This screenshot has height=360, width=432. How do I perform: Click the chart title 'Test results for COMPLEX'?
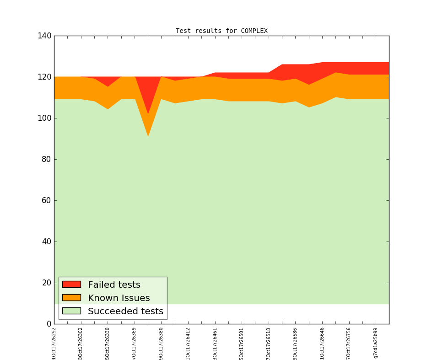pos(221,31)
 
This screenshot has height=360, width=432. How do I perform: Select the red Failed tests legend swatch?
pos(71,285)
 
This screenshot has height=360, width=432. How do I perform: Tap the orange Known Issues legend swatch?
pos(71,298)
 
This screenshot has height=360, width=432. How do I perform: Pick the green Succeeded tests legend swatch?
pos(71,311)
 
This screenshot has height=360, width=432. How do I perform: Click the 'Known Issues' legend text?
pos(119,298)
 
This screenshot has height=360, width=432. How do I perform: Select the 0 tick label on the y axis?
pos(48,324)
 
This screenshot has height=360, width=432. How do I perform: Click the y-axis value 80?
pos(46,159)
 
